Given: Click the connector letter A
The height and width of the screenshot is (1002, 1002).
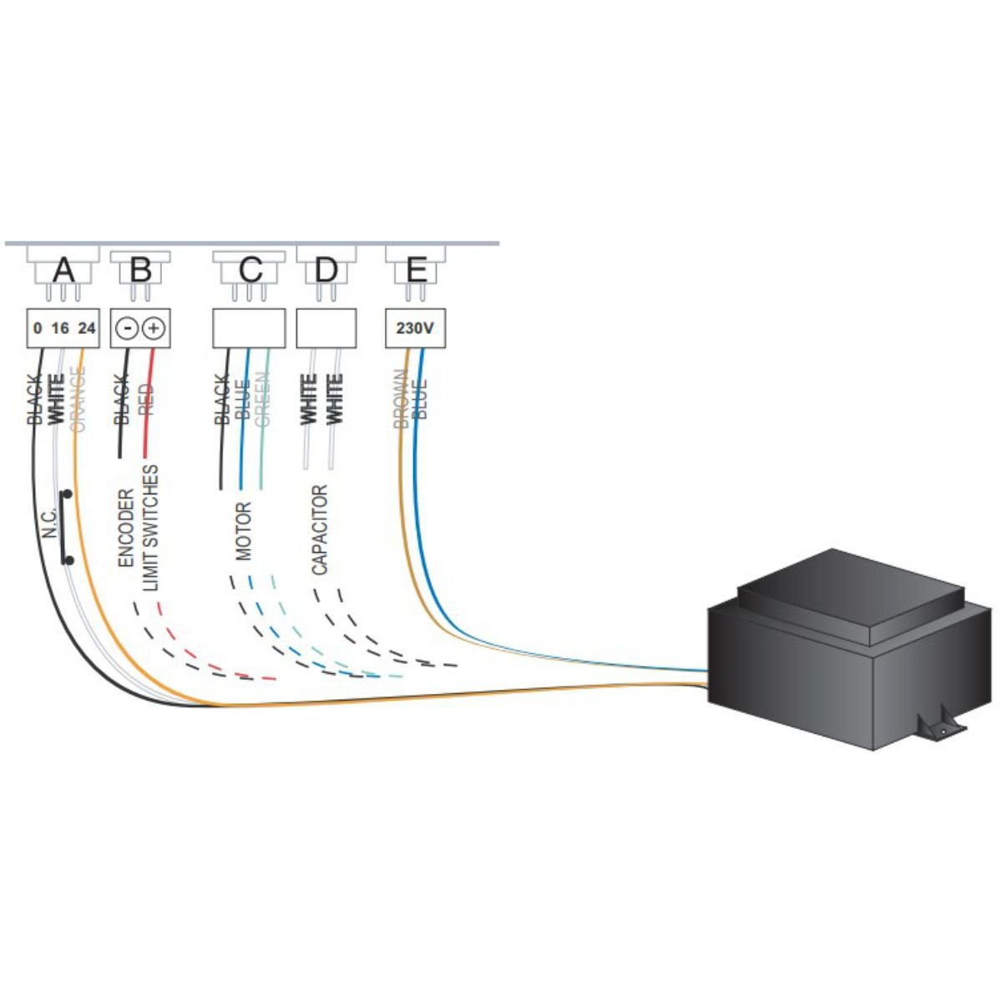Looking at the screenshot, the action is [63, 271].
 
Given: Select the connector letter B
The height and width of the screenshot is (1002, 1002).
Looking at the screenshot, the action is [140, 271].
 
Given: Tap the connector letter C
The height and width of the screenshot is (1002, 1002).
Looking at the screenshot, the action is [250, 271].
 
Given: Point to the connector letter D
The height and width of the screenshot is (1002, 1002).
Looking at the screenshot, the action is [326, 271].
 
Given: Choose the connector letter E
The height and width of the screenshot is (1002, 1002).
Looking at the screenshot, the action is [417, 271].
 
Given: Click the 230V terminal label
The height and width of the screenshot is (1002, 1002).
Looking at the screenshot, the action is [415, 329].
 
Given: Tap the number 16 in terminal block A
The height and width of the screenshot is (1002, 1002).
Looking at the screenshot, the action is [60, 329].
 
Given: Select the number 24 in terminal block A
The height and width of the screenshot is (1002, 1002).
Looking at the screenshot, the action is [87, 329].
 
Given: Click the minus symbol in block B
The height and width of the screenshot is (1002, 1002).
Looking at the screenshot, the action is [127, 329].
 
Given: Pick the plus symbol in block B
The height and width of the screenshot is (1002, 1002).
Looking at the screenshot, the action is [154, 329].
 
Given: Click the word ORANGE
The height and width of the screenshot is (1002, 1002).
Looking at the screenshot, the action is [78, 399].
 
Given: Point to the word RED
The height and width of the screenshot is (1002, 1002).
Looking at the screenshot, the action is [147, 400].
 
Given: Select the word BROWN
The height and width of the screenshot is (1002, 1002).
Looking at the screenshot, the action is [401, 399].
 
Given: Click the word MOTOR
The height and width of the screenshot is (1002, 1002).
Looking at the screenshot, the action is [243, 531].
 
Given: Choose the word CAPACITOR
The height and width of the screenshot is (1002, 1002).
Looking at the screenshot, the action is [319, 530].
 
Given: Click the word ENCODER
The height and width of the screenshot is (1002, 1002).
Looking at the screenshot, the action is [126, 528].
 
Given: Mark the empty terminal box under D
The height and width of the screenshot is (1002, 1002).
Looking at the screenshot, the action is [326, 329].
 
